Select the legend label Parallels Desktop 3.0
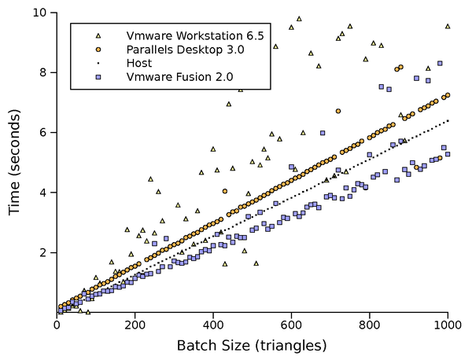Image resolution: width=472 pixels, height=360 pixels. (181, 50)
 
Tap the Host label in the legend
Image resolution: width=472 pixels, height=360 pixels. (138, 63)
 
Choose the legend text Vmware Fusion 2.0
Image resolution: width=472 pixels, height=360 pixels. (174, 77)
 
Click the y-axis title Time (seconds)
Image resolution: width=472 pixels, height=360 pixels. (14, 162)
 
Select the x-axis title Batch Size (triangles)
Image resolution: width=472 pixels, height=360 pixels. (252, 345)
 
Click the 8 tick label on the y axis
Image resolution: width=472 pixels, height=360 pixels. (44, 72)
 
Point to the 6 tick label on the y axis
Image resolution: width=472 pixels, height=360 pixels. (44, 133)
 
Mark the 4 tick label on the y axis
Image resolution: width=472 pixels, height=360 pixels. (44, 193)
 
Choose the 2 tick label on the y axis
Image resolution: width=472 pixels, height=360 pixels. (44, 252)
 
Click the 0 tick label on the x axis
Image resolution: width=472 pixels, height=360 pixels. (57, 325)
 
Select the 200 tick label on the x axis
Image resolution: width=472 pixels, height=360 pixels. (135, 325)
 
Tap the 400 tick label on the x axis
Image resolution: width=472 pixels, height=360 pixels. (213, 325)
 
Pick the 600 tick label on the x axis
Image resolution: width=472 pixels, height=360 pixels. (292, 325)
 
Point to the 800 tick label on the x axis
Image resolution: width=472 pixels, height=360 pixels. (370, 325)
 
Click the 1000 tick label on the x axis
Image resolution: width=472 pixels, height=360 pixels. (448, 325)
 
